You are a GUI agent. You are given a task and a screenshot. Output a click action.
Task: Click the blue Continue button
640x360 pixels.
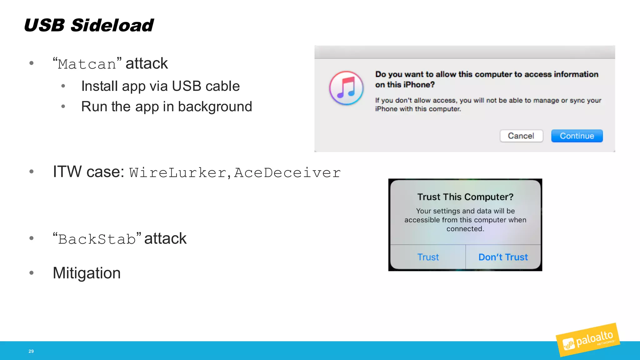[577, 136]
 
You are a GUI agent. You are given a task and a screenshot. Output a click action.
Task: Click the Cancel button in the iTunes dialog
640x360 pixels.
[521, 136]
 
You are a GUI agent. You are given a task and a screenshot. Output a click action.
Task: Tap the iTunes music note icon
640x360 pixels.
[346, 88]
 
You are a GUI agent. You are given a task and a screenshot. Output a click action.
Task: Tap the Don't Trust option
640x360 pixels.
[503, 257]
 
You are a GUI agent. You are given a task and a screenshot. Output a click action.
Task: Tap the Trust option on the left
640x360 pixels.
[428, 257]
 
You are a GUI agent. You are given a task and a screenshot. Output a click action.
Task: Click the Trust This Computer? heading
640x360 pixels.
[465, 197]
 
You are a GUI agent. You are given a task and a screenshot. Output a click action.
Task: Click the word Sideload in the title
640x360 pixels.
[112, 25]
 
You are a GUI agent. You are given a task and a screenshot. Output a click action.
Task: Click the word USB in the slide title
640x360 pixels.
[44, 25]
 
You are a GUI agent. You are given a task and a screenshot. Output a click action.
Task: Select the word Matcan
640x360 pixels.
[87, 64]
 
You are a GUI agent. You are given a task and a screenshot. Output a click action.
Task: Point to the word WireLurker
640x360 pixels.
[178, 173]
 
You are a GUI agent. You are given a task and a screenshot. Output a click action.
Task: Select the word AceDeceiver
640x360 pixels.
[287, 173]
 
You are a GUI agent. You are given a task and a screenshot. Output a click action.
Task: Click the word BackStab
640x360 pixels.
[97, 239]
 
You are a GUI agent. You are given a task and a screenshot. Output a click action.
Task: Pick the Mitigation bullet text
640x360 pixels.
[87, 273]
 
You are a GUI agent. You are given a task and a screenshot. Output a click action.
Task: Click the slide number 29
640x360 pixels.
[31, 351]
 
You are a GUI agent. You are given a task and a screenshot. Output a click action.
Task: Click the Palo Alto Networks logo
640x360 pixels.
[588, 340]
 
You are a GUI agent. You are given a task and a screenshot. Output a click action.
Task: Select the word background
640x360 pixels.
[215, 107]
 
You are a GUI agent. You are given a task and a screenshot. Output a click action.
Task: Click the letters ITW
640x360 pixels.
[67, 172]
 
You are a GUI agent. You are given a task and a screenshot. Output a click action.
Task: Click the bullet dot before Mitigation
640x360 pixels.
[31, 273]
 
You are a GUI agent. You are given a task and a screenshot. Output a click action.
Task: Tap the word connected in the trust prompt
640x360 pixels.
[465, 229]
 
